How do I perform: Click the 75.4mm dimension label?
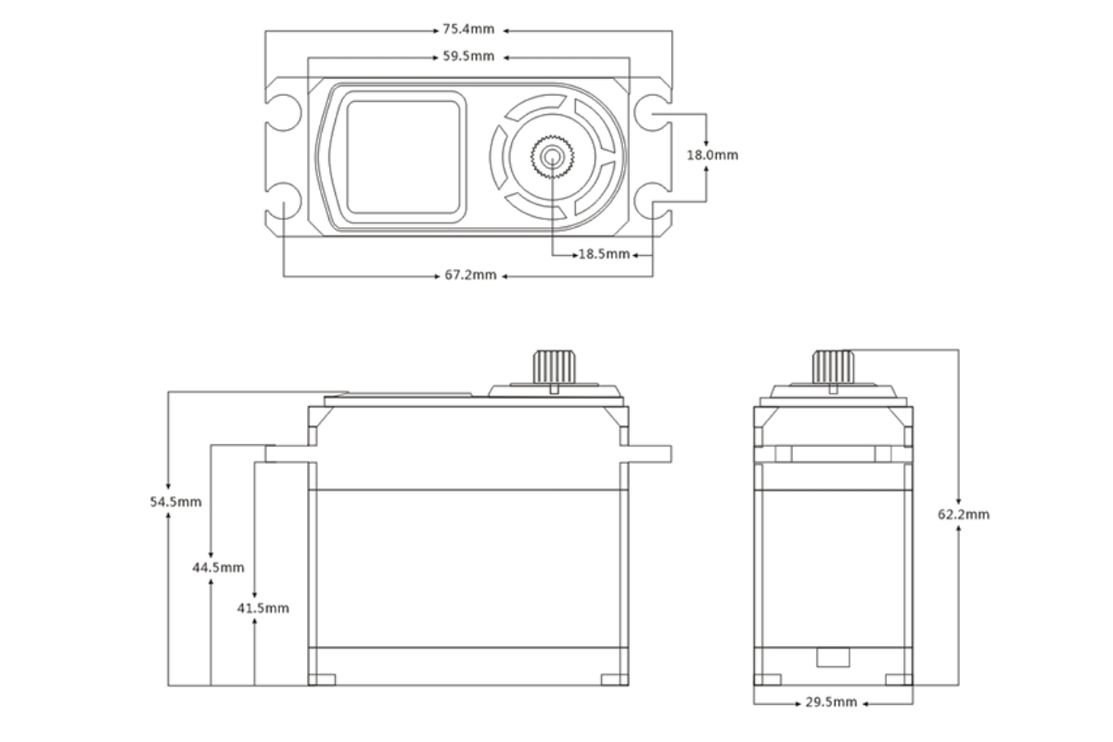468,31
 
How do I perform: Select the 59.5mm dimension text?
468,57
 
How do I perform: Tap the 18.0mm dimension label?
711,155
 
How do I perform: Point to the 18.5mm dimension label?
604,253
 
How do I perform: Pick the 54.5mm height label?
176,502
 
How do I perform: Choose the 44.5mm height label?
219,567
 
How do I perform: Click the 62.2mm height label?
963,514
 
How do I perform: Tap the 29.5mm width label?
831,703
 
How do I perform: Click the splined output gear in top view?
554,155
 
